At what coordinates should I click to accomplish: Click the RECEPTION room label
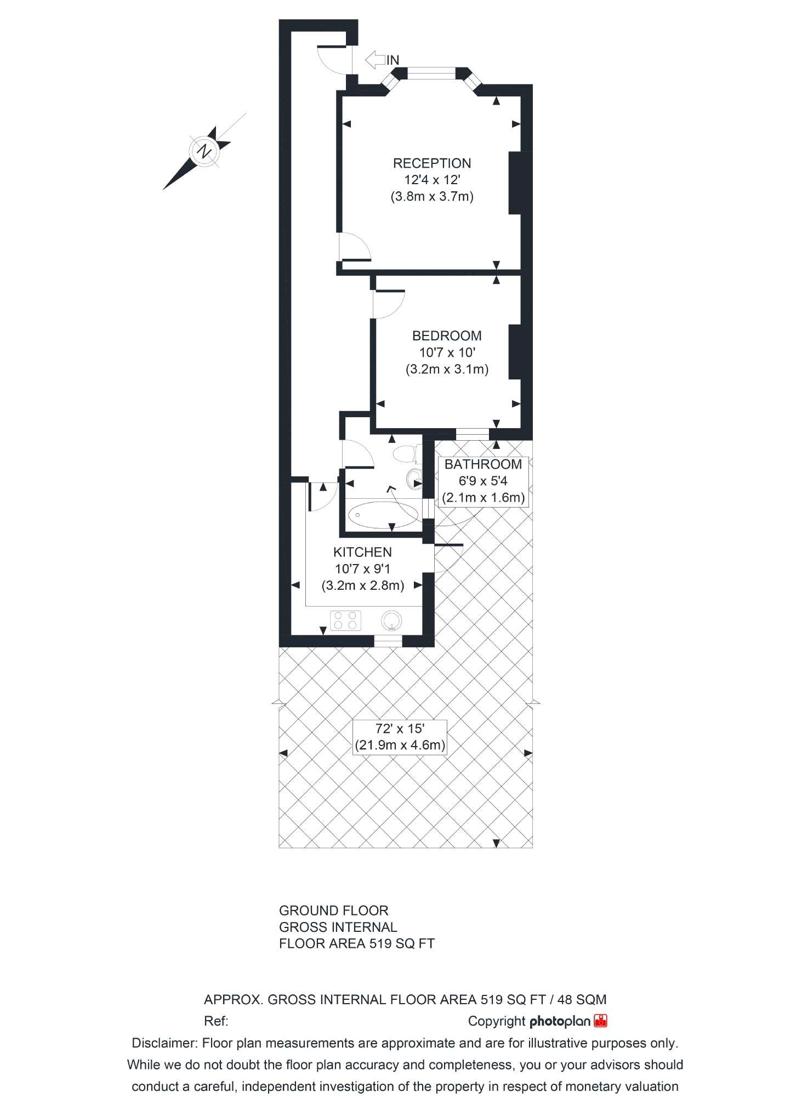pos(431,163)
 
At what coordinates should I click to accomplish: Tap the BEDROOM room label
pos(446,335)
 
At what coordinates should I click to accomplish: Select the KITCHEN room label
pos(362,552)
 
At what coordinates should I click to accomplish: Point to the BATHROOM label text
pos(482,464)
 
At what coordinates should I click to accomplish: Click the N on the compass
pos(204,150)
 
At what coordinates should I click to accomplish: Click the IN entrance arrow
pos(376,60)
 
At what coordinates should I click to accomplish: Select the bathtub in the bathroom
pos(382,515)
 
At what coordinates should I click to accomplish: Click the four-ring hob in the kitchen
pos(346,620)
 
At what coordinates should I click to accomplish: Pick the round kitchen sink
pos(391,620)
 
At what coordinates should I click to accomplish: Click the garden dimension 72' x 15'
pos(400,728)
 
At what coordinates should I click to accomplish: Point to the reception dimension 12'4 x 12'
pos(431,180)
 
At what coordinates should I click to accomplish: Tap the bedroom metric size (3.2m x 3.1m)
pos(446,369)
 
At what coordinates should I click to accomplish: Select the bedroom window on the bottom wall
pos(472,434)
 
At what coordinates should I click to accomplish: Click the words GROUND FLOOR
pos(333,910)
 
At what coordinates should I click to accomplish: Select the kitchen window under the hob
pos(388,640)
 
